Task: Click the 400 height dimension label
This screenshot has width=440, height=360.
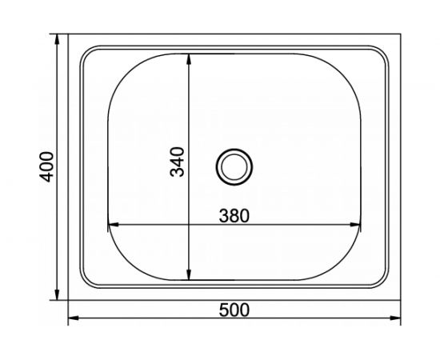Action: point(47,166)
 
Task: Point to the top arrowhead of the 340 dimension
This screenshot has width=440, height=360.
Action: point(189,58)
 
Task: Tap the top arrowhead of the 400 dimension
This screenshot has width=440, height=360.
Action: point(58,38)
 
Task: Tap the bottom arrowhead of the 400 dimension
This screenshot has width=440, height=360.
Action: point(58,297)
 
